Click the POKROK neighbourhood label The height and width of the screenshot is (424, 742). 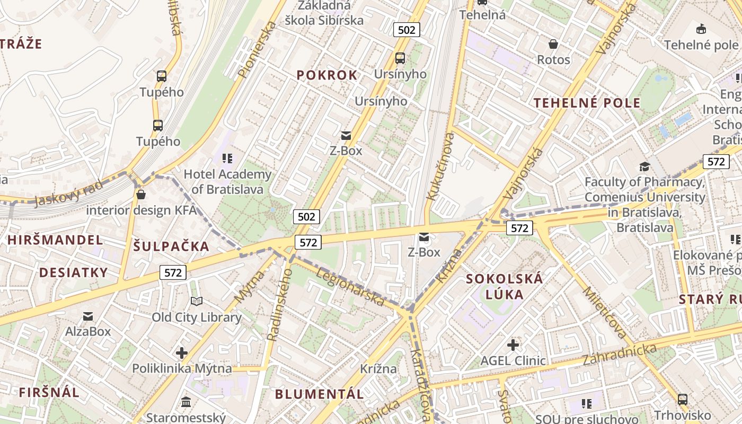(x=327, y=75)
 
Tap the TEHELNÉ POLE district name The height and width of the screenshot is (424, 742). (x=587, y=103)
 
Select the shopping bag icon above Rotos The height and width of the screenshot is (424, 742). (x=553, y=44)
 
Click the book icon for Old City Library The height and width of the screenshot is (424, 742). (x=197, y=302)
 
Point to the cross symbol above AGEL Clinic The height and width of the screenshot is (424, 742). (x=513, y=345)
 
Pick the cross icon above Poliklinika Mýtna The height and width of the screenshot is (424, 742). (x=182, y=352)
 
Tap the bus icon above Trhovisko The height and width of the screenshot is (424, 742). (x=682, y=399)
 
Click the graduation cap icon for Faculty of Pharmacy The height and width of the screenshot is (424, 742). (x=644, y=166)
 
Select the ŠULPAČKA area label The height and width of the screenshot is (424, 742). (x=171, y=246)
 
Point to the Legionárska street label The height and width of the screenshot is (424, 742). (x=350, y=287)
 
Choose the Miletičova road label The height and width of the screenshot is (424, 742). (x=604, y=313)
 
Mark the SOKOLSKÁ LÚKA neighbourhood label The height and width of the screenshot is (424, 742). (x=504, y=286)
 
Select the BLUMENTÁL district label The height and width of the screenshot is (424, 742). (x=320, y=394)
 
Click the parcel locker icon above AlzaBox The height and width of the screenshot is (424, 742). (x=88, y=316)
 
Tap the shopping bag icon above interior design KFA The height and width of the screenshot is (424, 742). (x=140, y=195)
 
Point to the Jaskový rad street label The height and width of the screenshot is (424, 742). (x=68, y=193)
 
